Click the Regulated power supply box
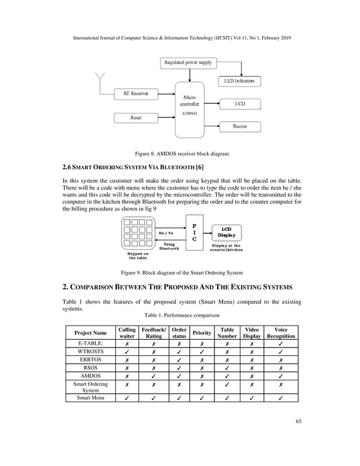click(188, 62)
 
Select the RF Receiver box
click(136, 93)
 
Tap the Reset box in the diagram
click(136, 117)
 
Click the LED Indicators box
click(239, 81)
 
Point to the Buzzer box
click(239, 126)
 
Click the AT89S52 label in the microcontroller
click(189, 113)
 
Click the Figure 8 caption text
click(180, 153)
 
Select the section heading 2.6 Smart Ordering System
click(133, 167)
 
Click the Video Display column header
click(252, 333)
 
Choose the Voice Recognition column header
click(280, 333)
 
